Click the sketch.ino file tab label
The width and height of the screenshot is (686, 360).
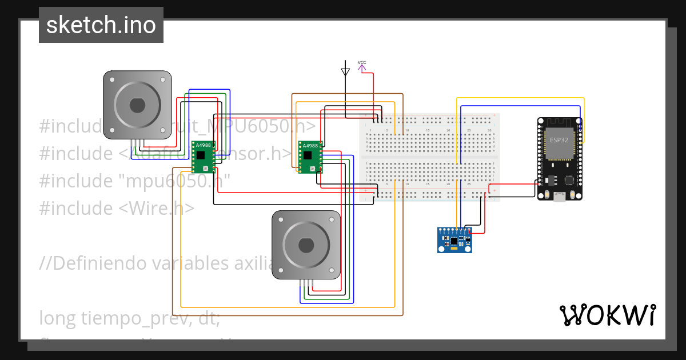(x=101, y=25)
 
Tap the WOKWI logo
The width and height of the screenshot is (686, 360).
(x=607, y=315)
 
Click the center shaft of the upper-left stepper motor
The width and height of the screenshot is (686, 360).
(x=137, y=105)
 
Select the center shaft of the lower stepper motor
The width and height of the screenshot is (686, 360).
(x=306, y=245)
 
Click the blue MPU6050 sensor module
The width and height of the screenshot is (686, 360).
(x=455, y=240)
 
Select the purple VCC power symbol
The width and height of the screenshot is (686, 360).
(x=362, y=67)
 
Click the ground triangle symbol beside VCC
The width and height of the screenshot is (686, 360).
(x=345, y=72)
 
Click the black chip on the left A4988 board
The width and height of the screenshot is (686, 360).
(x=201, y=155)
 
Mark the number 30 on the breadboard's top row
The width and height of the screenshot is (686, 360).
(x=489, y=131)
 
